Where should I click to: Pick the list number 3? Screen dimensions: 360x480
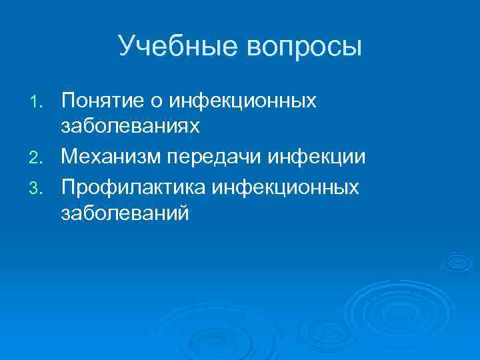point(37,189)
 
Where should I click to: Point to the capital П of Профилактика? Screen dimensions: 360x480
point(68,187)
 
